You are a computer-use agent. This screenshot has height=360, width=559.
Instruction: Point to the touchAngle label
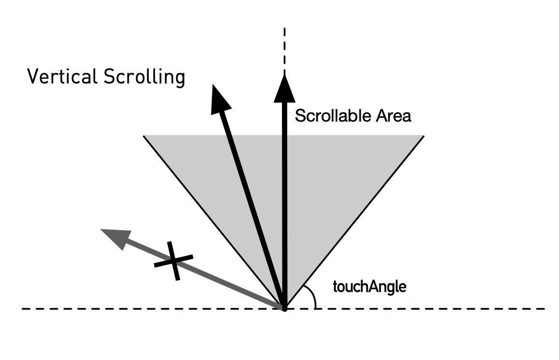[369, 287]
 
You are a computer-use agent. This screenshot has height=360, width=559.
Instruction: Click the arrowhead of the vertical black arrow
[284, 89]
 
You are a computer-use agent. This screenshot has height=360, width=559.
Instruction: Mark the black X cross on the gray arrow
[174, 261]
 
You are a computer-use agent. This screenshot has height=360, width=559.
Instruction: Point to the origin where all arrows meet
[284, 307]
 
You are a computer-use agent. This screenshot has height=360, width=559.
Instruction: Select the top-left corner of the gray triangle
[144, 137]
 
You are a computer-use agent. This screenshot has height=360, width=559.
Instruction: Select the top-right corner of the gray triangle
[423, 137]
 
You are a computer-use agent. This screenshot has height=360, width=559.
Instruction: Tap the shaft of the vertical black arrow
[284, 203]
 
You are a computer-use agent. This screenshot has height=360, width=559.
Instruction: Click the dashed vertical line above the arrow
[284, 48]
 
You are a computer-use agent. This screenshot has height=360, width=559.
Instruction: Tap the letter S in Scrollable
[300, 116]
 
